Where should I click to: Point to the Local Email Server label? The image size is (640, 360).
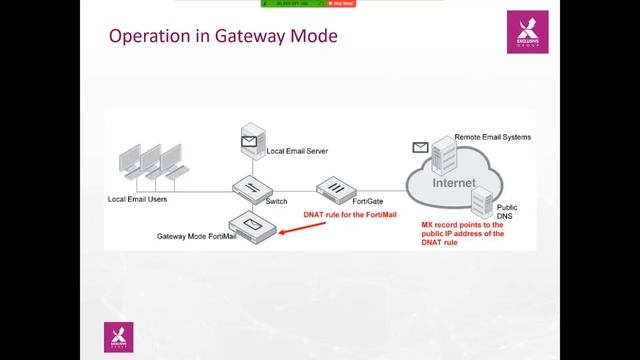click(x=298, y=151)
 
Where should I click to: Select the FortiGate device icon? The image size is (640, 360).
click(x=333, y=187)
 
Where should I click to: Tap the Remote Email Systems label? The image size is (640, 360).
click(x=492, y=136)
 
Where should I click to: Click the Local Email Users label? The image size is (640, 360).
click(x=137, y=199)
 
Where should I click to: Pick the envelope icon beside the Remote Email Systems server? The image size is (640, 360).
click(x=419, y=148)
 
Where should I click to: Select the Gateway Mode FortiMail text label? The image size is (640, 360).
click(x=197, y=237)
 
